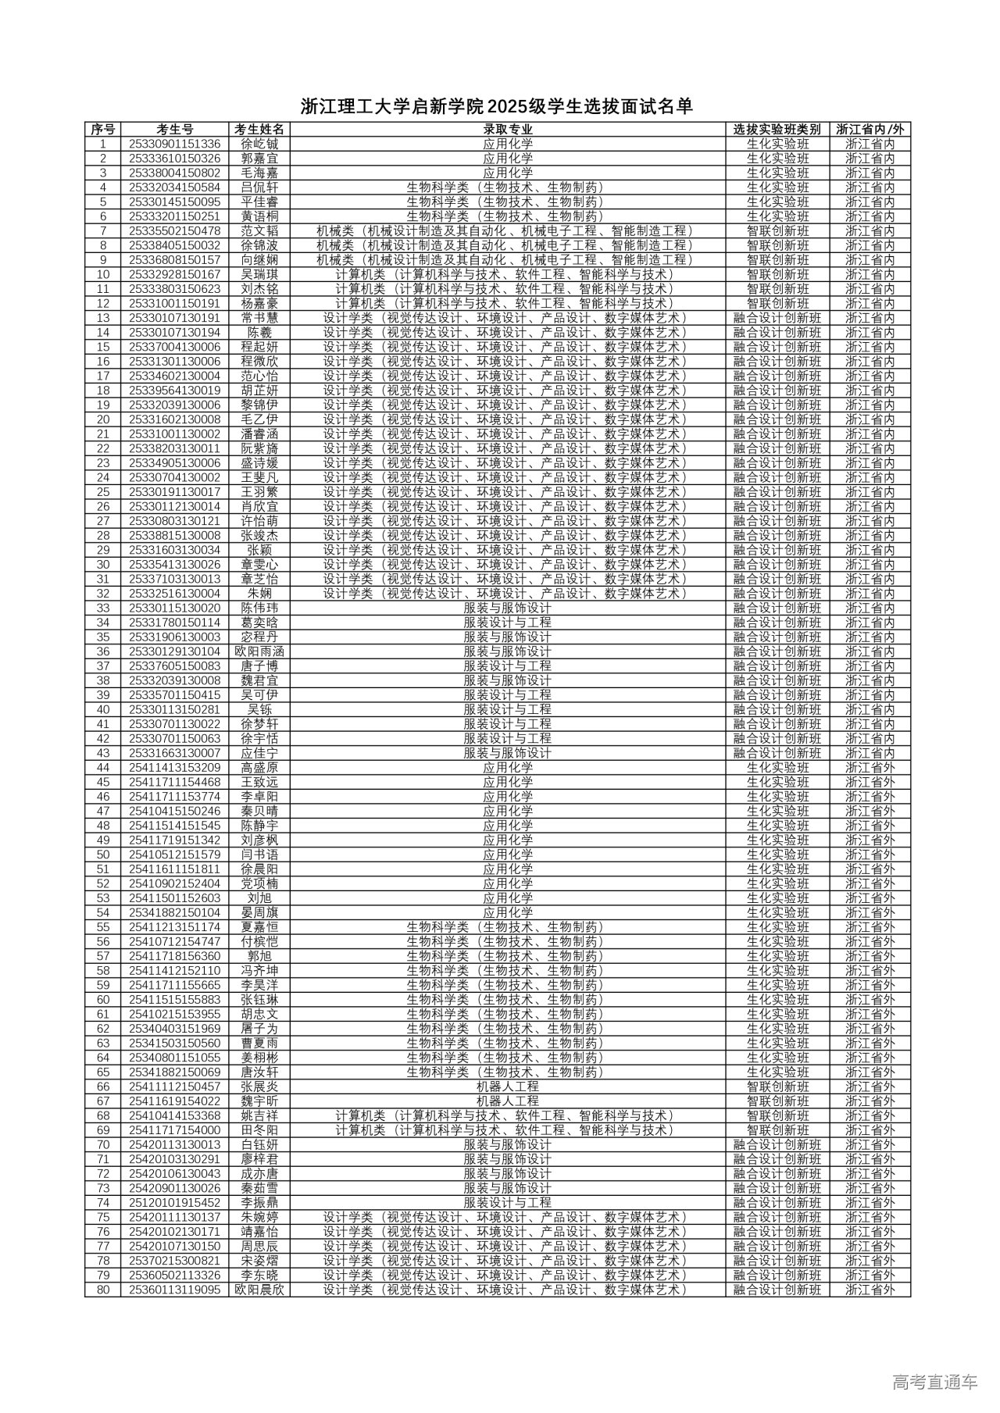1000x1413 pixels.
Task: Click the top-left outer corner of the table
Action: click(85, 123)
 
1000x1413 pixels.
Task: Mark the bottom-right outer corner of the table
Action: click(911, 1297)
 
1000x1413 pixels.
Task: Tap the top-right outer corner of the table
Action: click(911, 123)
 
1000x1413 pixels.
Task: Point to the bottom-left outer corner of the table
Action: click(85, 1297)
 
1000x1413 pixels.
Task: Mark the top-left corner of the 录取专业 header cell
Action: click(290, 123)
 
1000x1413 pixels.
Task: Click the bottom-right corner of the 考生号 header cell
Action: click(230, 137)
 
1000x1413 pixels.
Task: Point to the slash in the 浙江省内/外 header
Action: click(891, 130)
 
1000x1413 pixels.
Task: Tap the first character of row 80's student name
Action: click(241, 1290)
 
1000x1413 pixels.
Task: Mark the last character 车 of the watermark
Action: click(970, 1383)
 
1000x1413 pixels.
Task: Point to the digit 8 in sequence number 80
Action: click(100, 1290)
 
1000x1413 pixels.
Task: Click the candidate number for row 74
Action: click(175, 1203)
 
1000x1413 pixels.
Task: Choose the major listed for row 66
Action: click(508, 1087)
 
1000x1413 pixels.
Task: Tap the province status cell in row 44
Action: click(870, 768)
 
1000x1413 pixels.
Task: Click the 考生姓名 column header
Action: click(260, 130)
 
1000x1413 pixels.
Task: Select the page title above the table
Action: click(498, 106)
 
